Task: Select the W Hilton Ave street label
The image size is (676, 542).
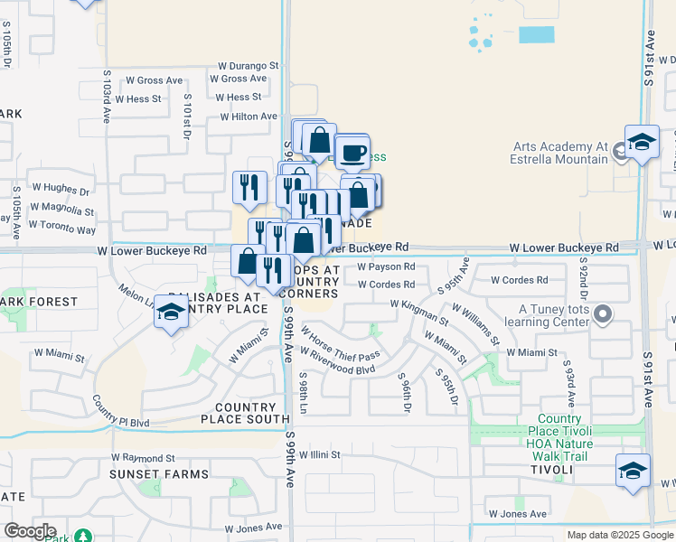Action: (x=249, y=117)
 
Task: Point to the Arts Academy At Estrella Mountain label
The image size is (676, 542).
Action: (x=560, y=153)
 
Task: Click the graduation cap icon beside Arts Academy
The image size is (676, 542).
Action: (x=642, y=143)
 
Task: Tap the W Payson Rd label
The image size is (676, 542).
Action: (x=386, y=267)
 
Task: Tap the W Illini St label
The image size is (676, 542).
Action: (x=320, y=455)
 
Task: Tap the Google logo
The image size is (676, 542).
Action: (x=30, y=531)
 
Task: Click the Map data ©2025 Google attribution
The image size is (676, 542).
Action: (x=619, y=535)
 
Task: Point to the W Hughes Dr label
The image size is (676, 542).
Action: (x=61, y=192)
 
